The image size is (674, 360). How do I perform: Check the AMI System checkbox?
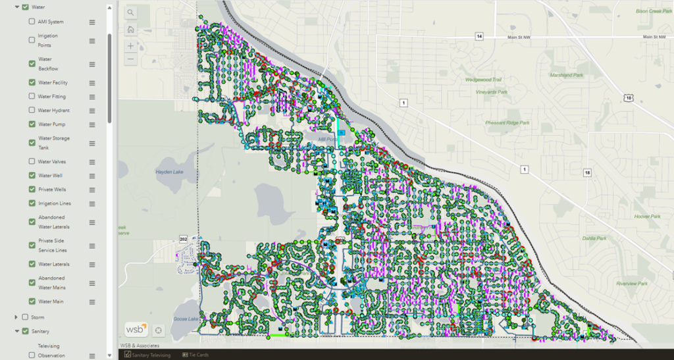pos(32,22)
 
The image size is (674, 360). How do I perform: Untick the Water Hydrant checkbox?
pos(32,111)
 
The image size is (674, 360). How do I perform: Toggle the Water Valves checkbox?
pos(32,161)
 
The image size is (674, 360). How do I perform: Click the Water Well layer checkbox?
pos(32,176)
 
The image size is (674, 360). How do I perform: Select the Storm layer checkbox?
pos(25,317)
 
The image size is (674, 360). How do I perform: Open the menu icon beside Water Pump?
pos(92,124)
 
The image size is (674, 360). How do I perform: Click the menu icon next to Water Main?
pos(92,301)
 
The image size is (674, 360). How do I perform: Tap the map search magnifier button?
pos(131,13)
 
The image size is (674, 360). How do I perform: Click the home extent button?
pos(131,29)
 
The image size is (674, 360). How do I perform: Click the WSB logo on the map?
pos(136,328)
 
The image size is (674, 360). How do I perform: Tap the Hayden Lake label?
pos(168,172)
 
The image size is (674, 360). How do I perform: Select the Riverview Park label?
pos(632,284)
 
